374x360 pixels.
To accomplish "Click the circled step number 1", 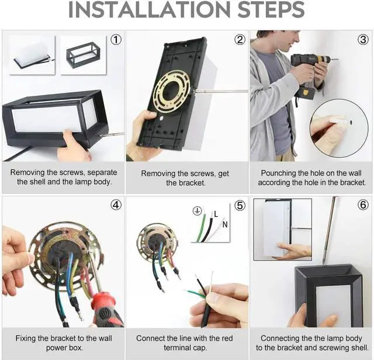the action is point(116,40).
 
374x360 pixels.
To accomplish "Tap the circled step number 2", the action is point(240,40).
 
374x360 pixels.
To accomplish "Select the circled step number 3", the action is point(363,40).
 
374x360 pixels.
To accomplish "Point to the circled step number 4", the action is point(116,205).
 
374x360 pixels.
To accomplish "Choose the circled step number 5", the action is point(240,205).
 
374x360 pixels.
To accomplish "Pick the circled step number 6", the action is point(363,205).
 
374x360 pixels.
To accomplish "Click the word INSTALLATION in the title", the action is point(150,9).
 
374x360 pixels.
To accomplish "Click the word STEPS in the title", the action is point(271,9).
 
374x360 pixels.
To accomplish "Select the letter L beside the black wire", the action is point(216,214).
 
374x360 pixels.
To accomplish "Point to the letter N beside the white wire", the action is point(225,224).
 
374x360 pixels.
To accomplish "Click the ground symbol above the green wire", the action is point(198,211).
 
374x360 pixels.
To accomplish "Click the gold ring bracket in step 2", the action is point(172,91).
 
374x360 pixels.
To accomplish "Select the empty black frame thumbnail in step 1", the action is point(83,55).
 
